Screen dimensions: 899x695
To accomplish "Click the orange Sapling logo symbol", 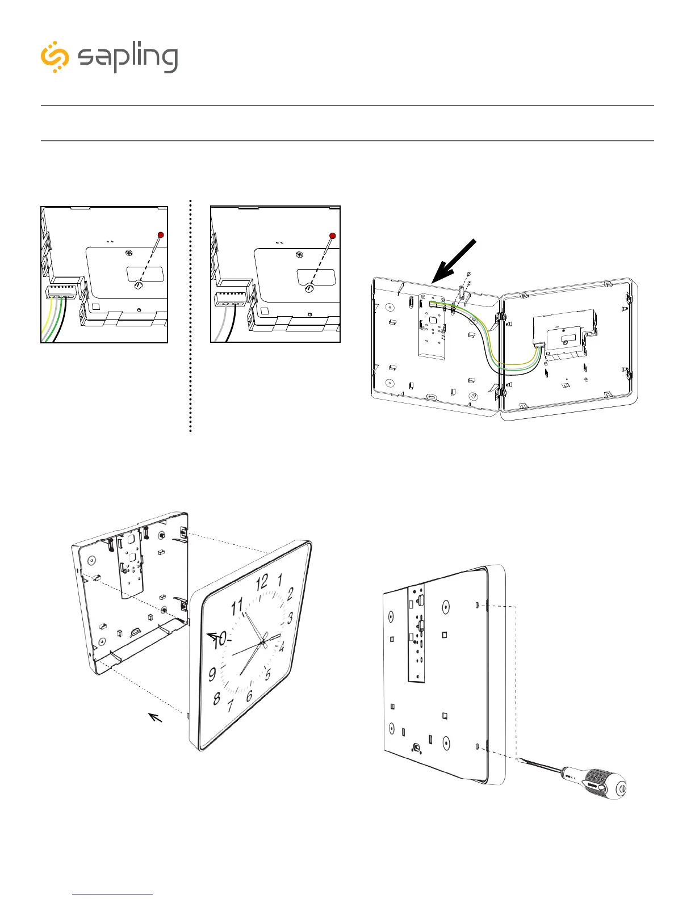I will point(55,57).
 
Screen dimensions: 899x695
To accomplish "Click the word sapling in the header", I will point(128,58).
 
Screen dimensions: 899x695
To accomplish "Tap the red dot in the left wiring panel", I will point(161,235).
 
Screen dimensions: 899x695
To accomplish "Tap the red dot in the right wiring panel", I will point(333,236).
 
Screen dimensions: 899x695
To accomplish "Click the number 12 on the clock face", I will point(262,582).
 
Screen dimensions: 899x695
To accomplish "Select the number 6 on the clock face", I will point(249,696).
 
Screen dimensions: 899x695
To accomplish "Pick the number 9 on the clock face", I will point(212,674).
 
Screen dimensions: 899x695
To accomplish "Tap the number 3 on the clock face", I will point(290,617).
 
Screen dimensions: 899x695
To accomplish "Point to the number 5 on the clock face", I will point(268,674).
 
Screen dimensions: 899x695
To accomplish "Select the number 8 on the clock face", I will point(216,698).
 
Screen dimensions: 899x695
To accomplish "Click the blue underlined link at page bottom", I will point(112,894).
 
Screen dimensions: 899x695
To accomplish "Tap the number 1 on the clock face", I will point(279,580).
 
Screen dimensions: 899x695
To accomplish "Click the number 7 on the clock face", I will point(231,705).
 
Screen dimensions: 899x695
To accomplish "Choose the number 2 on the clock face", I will point(290,594).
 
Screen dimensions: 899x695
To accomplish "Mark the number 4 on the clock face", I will point(282,645).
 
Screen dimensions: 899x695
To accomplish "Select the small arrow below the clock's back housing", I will point(155,718).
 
